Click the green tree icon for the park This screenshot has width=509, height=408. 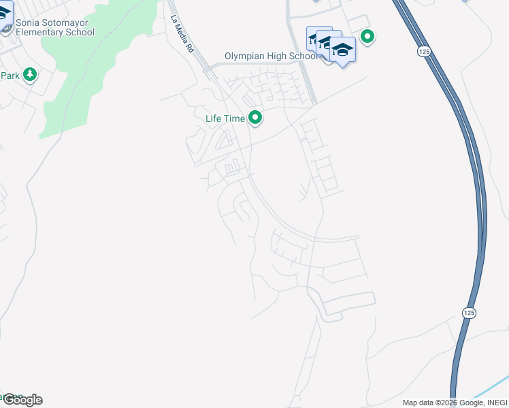tap(29, 74)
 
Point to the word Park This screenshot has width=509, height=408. tap(10, 75)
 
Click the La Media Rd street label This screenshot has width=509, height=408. tap(182, 35)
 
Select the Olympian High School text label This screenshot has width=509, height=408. tap(271, 56)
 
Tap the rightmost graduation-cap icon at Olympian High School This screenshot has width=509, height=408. tap(342, 50)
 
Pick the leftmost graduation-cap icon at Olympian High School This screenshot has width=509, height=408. tap(318, 39)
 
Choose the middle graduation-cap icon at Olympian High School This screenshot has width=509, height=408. tap(330, 44)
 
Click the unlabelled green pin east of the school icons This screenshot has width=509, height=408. tap(367, 37)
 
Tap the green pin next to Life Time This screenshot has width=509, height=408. tap(255, 118)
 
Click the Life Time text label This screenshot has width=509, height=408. tap(225, 118)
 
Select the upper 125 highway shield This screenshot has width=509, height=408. tap(424, 52)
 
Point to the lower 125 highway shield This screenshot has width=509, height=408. tap(468, 312)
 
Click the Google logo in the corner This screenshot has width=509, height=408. tap(22, 400)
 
